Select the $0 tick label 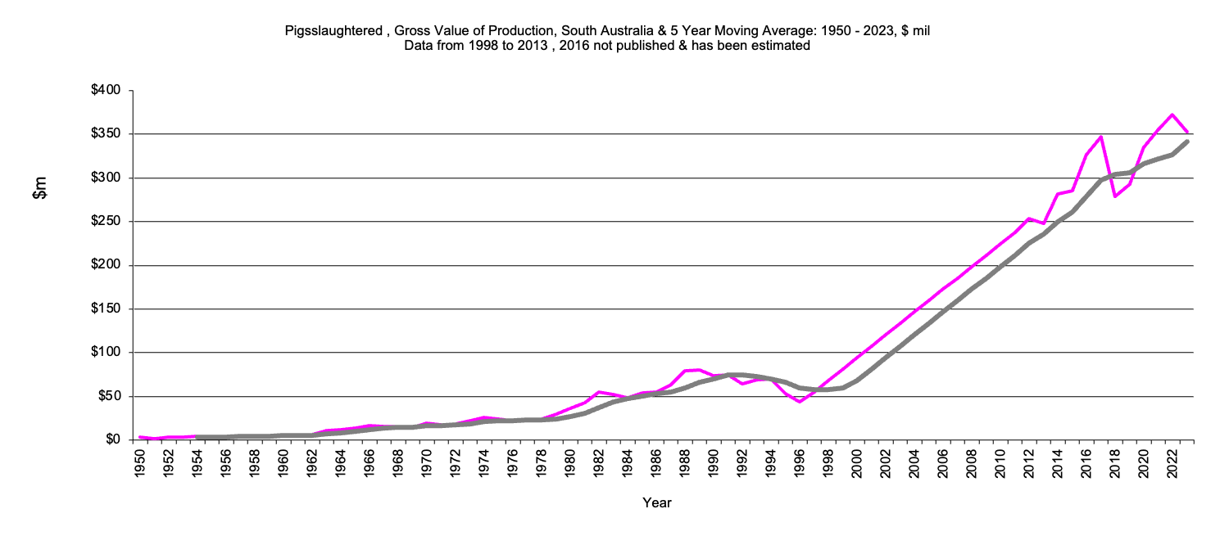113,440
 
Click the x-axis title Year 657,502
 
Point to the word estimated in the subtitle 782,46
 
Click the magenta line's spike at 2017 1101,137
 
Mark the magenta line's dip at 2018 1115,196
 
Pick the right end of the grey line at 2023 1187,142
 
